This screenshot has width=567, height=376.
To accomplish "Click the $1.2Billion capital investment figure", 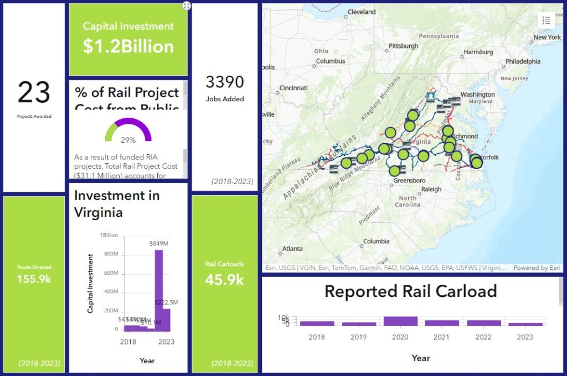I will click(x=128, y=46).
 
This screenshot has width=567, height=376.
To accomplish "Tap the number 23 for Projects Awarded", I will click(x=34, y=92).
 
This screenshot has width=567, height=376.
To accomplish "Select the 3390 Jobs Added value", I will click(x=225, y=82).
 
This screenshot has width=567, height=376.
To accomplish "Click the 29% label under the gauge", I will click(x=128, y=140).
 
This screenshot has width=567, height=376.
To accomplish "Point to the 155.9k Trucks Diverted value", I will click(x=34, y=279).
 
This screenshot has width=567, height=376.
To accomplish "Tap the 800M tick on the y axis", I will click(x=111, y=254).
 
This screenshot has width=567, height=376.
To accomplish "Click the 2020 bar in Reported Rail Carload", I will click(x=400, y=321).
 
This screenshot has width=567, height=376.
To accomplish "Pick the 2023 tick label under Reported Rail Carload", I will click(x=524, y=337).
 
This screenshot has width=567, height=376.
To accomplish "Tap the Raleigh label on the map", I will click(x=431, y=189).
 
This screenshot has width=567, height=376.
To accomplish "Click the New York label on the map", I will click(x=547, y=38).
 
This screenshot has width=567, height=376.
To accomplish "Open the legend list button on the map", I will click(x=546, y=20).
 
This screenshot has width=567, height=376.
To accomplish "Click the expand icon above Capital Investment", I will click(x=187, y=6).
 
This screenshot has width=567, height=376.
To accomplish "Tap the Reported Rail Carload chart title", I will click(x=410, y=291).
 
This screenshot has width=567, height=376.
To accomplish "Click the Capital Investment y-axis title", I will click(x=90, y=283).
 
